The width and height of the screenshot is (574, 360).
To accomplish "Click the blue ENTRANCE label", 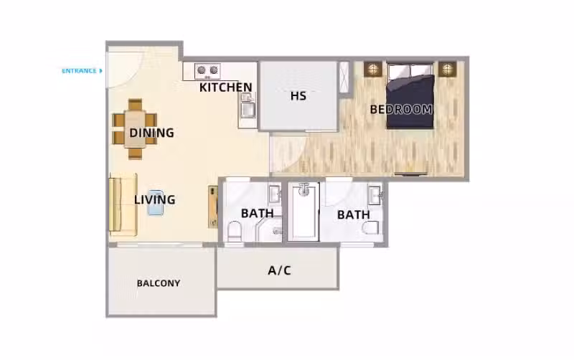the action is [79, 71].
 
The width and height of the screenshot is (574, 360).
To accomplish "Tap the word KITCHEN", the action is [226, 87].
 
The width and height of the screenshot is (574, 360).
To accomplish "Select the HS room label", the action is [298, 96].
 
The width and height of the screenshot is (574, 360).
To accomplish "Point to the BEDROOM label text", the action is [401, 110].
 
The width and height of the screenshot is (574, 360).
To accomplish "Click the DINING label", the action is [151, 133].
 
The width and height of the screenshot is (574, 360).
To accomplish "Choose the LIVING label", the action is [154, 200].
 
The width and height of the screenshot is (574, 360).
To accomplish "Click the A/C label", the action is [279, 270].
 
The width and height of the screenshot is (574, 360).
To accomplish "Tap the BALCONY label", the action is [159, 283].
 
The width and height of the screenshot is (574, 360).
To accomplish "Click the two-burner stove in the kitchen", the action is [207, 70].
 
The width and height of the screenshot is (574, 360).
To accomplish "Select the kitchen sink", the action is [248, 105].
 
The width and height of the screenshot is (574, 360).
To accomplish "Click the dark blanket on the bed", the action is [410, 103].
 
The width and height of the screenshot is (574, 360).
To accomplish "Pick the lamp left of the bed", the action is [372, 69].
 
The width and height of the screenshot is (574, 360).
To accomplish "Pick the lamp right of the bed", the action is [447, 69].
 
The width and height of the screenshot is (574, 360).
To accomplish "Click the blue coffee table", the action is [156, 202].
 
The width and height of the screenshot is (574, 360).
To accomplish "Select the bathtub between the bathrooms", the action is [304, 212].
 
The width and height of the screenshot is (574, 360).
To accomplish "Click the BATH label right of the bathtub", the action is [354, 214].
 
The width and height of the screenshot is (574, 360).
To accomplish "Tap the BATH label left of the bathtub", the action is [258, 213].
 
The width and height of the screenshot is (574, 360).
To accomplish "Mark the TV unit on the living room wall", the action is [213, 207].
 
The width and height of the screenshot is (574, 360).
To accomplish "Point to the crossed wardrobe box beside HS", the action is [344, 77].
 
